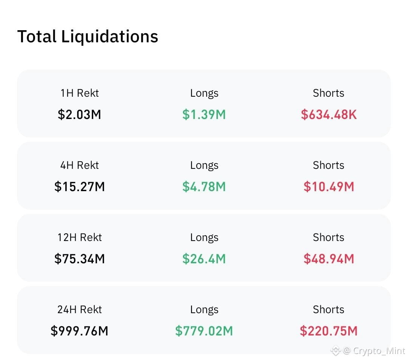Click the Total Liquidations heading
pyautogui.click(x=88, y=37)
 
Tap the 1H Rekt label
pyautogui.click(x=80, y=93)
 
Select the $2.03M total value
pyautogui.click(x=79, y=114)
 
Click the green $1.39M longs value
pyautogui.click(x=204, y=114)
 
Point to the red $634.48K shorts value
pyautogui.click(x=329, y=114)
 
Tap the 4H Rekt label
pyautogui.click(x=80, y=165)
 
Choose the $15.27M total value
pyautogui.click(x=79, y=187)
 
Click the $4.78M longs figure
pyautogui.click(x=204, y=187)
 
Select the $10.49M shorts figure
pyautogui.click(x=329, y=187)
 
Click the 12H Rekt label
pyautogui.click(x=80, y=237)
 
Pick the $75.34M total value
pyautogui.click(x=79, y=258)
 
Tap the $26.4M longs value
pyautogui.click(x=204, y=258)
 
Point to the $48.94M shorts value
pyautogui.click(x=329, y=258)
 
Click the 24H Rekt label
pyautogui.click(x=80, y=309)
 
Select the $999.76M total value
pyautogui.click(x=79, y=331)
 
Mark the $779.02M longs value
pyautogui.click(x=204, y=331)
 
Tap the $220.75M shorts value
pyautogui.click(x=329, y=331)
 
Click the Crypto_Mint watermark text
pyautogui.click(x=379, y=351)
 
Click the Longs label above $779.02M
pyautogui.click(x=204, y=310)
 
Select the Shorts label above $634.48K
pyautogui.click(x=328, y=93)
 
